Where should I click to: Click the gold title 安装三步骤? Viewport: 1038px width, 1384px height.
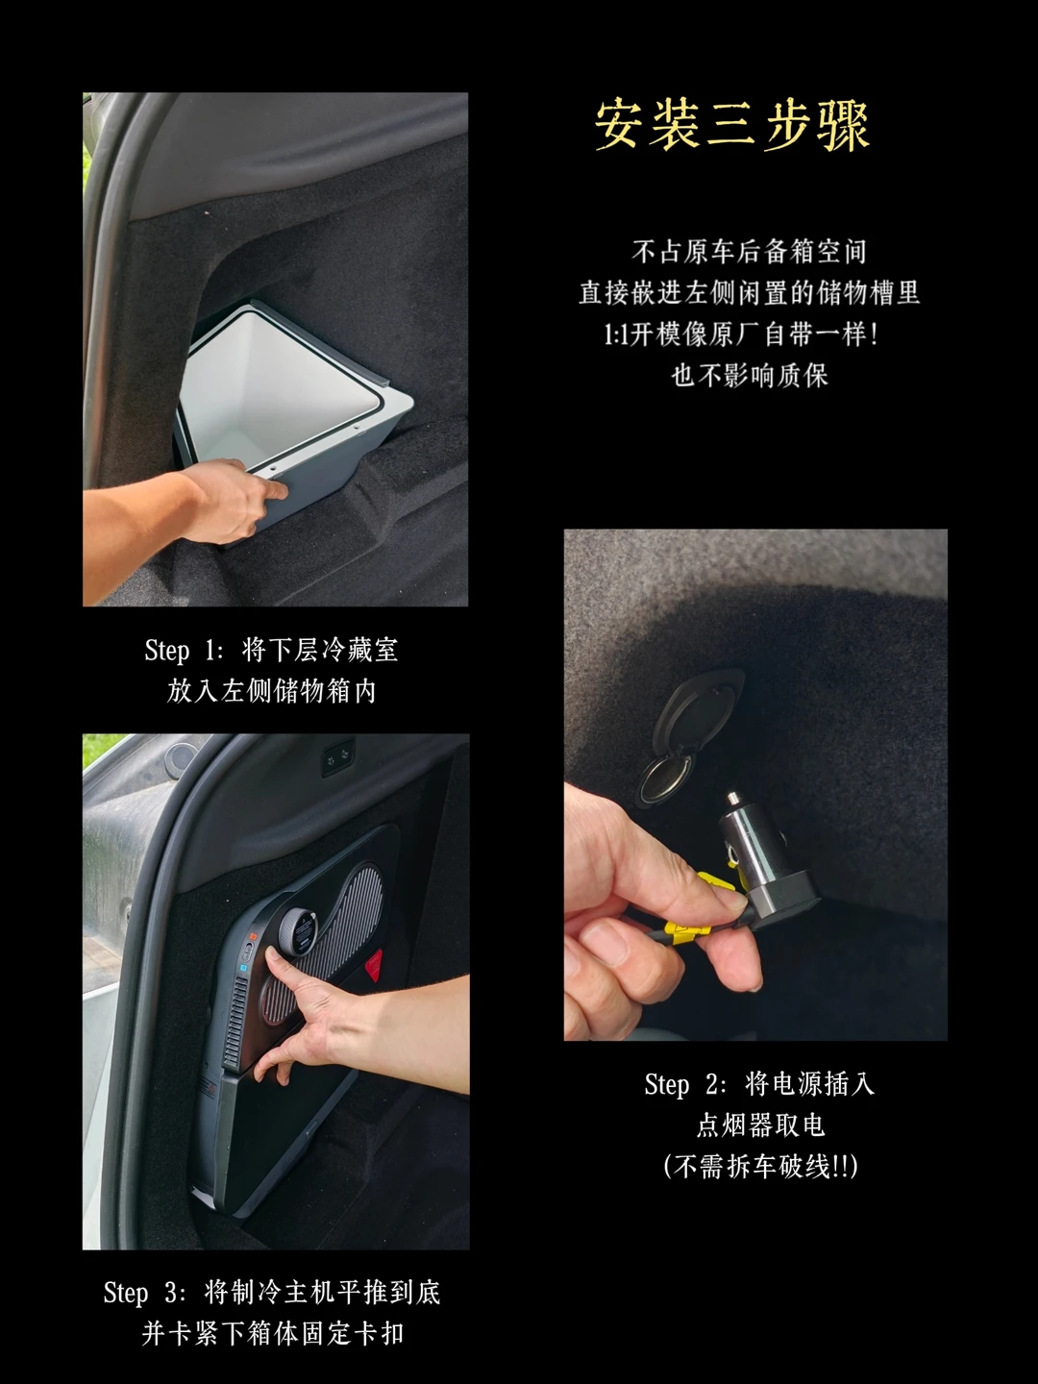(732, 126)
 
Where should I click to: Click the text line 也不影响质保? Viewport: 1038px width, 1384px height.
(750, 376)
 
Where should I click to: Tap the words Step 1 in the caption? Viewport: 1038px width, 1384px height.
(184, 651)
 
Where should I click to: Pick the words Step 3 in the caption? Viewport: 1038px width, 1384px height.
(144, 1294)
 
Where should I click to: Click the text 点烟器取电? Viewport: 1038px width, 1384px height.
(760, 1125)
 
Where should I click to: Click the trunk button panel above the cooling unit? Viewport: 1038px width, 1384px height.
(337, 756)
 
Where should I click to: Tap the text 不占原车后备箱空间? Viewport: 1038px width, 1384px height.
(750, 252)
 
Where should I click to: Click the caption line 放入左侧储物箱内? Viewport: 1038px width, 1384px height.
(272, 692)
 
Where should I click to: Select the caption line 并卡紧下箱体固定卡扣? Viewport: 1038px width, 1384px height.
(272, 1334)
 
